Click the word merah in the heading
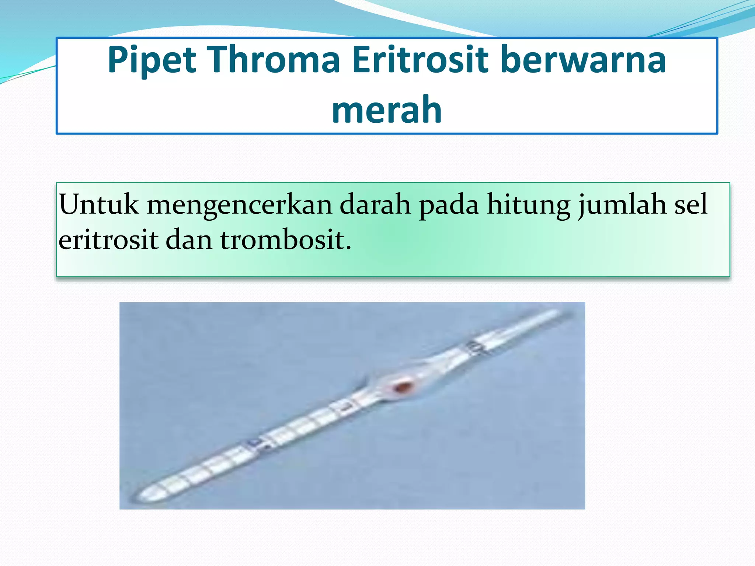[x=387, y=110]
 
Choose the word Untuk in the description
[x=99, y=205]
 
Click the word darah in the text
[x=375, y=205]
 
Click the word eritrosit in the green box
[x=108, y=240]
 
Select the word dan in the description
[x=189, y=240]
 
